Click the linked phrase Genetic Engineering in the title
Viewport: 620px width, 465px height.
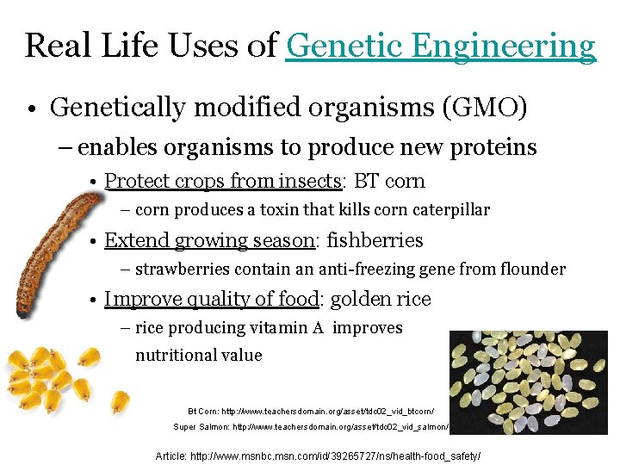440,46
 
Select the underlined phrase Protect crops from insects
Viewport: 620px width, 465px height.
223,182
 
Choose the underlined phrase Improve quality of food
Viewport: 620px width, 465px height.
211,299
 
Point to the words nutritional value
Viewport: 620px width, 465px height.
199,355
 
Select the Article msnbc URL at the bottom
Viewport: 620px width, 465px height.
318,455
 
